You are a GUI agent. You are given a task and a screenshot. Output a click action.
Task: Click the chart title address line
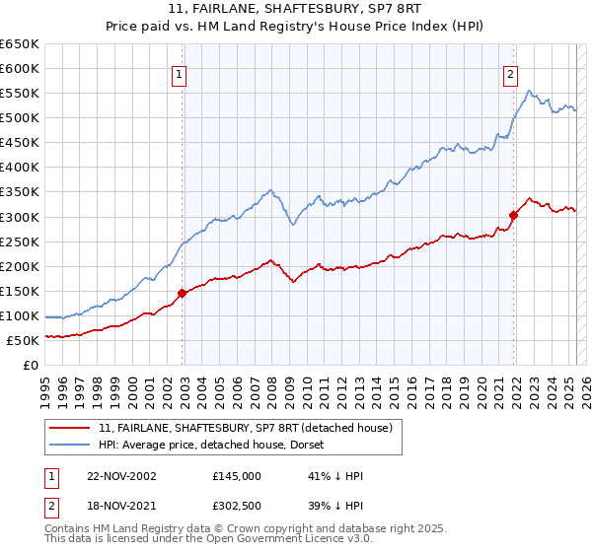pos(295,10)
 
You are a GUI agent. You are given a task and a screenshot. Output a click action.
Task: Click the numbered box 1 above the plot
pos(180,74)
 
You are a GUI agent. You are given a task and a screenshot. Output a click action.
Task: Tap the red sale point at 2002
pos(183,293)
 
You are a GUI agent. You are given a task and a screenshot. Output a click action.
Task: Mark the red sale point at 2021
pos(514,215)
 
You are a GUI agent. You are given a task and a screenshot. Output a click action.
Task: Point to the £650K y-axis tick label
pos(19,44)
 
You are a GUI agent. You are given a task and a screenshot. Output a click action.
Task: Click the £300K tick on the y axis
pos(19,217)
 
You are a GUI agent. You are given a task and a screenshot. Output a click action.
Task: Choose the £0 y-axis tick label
pos(30,365)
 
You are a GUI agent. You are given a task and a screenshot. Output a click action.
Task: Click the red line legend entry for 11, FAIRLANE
pos(246,427)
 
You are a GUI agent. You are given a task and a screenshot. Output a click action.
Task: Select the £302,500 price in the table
pos(237,508)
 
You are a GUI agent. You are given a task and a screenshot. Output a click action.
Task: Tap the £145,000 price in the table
pos(237,476)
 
